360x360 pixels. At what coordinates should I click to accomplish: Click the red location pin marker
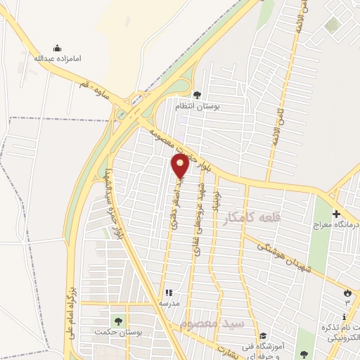point(181,166)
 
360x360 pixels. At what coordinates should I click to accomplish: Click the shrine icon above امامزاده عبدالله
point(57,48)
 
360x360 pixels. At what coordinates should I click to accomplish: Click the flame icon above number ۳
point(347,291)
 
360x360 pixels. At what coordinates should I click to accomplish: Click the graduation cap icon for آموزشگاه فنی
point(263,335)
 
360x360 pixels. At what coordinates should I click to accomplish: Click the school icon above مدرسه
point(169,292)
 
